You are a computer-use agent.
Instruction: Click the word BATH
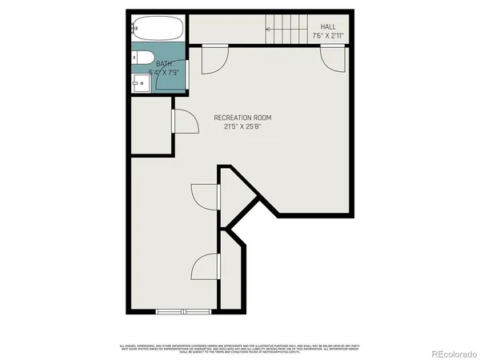click(x=163, y=64)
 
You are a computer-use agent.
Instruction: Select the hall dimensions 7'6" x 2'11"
click(x=328, y=36)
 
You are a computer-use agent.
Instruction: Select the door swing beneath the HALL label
click(x=332, y=56)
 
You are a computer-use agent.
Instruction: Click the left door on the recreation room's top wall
click(x=214, y=58)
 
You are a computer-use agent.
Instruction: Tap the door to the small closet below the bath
click(x=182, y=122)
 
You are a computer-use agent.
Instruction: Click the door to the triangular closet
click(x=206, y=195)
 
